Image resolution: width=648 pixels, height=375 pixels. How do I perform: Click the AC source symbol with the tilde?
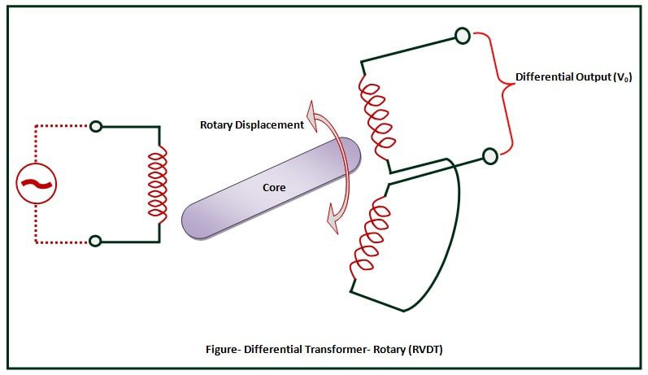(37, 184)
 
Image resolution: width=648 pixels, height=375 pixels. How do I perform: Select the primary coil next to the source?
(155, 184)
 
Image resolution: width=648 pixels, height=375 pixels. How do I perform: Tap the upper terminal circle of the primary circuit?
(96, 126)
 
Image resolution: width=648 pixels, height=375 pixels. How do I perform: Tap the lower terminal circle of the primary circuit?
(96, 241)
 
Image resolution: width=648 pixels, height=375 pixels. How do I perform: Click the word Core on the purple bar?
(273, 187)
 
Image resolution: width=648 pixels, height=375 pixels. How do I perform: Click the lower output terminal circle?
(489, 155)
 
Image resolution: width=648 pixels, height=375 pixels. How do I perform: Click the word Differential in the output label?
(541, 77)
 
